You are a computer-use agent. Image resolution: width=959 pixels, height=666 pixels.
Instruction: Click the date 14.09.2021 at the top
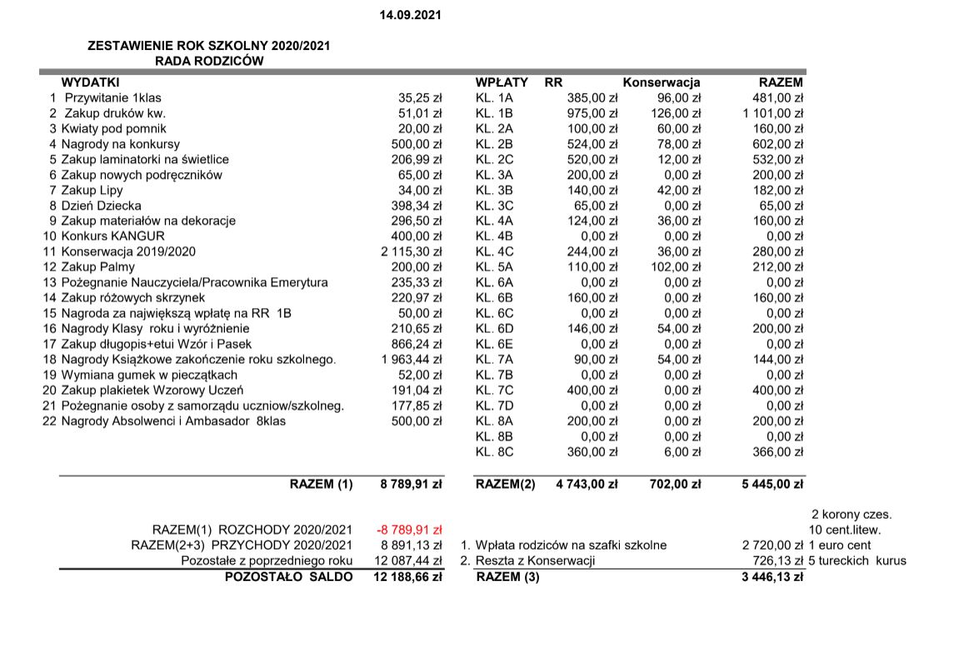410,15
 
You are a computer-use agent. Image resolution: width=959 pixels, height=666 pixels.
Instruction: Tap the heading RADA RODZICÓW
209,61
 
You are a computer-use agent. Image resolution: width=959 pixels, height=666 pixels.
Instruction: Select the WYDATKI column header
91,82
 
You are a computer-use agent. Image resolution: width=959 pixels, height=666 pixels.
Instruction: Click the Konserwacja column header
662,82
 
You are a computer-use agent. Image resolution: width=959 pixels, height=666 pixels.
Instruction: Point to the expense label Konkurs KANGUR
112,236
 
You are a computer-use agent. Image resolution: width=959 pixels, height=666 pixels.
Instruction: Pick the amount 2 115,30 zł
411,251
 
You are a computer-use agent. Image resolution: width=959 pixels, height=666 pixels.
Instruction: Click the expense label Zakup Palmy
97,267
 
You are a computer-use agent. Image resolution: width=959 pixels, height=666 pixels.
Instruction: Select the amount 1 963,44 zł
411,360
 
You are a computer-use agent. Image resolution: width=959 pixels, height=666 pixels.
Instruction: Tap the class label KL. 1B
494,113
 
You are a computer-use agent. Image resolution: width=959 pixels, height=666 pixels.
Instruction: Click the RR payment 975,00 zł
592,113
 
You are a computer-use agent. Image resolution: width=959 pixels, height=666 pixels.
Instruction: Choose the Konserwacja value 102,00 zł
676,267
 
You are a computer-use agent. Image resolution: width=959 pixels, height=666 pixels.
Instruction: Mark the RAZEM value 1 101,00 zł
772,113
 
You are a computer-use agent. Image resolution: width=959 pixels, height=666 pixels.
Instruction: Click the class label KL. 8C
494,452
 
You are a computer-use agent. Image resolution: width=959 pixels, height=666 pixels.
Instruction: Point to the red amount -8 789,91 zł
408,529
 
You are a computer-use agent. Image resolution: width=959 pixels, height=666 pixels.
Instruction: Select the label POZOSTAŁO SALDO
288,576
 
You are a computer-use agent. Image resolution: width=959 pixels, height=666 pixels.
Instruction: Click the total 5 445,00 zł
772,484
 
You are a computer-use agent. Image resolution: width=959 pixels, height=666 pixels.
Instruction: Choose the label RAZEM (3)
507,576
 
